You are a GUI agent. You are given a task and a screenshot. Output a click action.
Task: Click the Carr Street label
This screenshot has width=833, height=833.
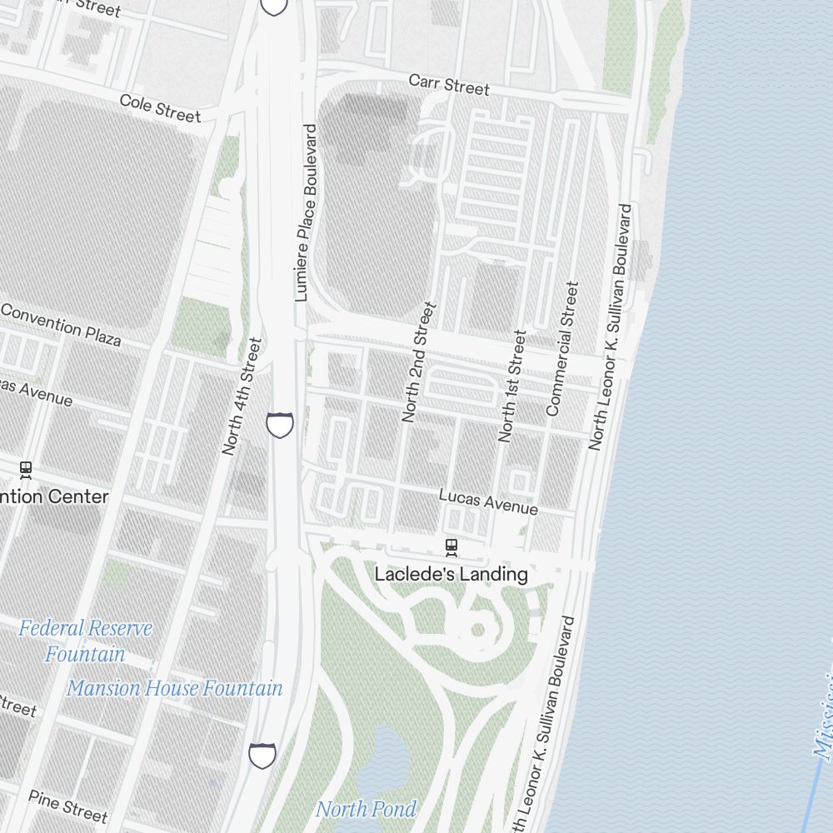[449, 84]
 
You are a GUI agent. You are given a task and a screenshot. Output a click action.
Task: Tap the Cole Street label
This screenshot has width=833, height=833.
[160, 107]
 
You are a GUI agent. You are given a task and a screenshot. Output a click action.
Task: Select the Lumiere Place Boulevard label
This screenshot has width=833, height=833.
[307, 212]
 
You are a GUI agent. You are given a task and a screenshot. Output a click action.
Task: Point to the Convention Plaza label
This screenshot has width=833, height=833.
[61, 324]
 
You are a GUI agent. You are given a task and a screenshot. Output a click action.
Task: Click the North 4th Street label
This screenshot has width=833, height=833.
[242, 396]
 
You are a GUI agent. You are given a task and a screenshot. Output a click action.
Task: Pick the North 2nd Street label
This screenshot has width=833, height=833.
[418, 362]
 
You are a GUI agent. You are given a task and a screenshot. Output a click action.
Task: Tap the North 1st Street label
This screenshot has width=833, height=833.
[511, 385]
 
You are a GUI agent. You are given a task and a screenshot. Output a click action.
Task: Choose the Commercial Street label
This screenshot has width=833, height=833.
[561, 348]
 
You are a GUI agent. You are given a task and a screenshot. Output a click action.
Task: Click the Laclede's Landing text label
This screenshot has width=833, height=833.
[451, 574]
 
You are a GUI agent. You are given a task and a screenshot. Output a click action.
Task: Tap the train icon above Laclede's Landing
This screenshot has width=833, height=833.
[451, 547]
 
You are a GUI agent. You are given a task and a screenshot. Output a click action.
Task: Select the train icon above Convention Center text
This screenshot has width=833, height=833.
[26, 470]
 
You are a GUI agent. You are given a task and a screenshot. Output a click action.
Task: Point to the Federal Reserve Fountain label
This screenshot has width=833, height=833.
[85, 641]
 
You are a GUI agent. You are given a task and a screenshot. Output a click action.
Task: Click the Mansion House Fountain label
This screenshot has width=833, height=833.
[175, 688]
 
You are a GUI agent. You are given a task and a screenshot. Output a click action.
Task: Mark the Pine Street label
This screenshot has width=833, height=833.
[68, 805]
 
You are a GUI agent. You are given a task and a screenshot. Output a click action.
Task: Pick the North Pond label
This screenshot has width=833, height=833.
[366, 808]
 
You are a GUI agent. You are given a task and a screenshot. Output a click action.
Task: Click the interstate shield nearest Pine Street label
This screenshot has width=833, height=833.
[262, 756]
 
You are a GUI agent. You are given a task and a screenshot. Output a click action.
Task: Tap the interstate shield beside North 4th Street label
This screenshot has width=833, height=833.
[280, 424]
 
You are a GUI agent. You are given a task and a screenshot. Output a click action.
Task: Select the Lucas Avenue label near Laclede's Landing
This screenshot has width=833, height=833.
[488, 501]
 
